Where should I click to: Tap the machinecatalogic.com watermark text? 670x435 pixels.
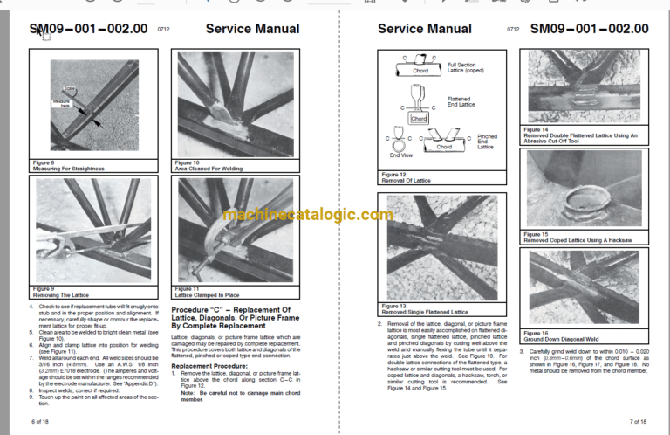tap(308, 215)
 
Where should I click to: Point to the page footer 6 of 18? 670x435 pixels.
tap(40, 421)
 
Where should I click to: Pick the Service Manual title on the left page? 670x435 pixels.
tap(252, 30)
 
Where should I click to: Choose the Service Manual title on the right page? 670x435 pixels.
tap(425, 30)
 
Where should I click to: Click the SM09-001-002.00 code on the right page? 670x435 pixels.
tap(589, 30)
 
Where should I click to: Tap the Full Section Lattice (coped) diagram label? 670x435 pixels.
tap(465, 67)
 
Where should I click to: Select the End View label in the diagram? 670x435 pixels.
tap(401, 155)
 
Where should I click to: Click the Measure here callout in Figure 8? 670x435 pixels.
tap(59, 103)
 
